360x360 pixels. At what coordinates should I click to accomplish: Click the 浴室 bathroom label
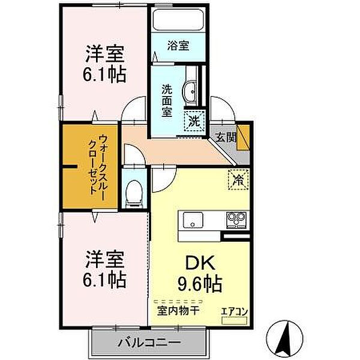tap(178, 45)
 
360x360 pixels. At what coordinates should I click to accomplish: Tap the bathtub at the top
tap(178, 20)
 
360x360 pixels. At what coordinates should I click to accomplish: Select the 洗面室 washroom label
tap(166, 98)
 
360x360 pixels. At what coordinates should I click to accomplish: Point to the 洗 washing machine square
tap(194, 120)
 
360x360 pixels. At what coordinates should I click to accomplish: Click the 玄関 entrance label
tap(226, 137)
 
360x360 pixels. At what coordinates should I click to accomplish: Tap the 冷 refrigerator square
tap(238, 178)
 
